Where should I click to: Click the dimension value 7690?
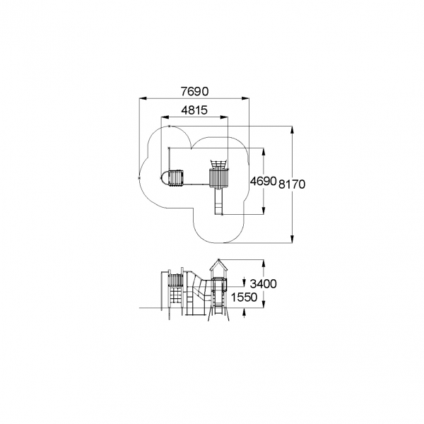[195, 91]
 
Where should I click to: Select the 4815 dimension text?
[194, 110]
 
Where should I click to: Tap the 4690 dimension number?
[263, 181]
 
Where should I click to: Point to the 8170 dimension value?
[292, 184]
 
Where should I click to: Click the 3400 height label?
[263, 284]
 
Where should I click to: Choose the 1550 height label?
[244, 298]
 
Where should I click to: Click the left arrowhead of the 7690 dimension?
[143, 98]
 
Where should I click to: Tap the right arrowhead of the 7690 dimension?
[245, 98]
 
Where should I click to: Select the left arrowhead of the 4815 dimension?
[165, 117]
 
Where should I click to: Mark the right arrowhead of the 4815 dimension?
[225, 117]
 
